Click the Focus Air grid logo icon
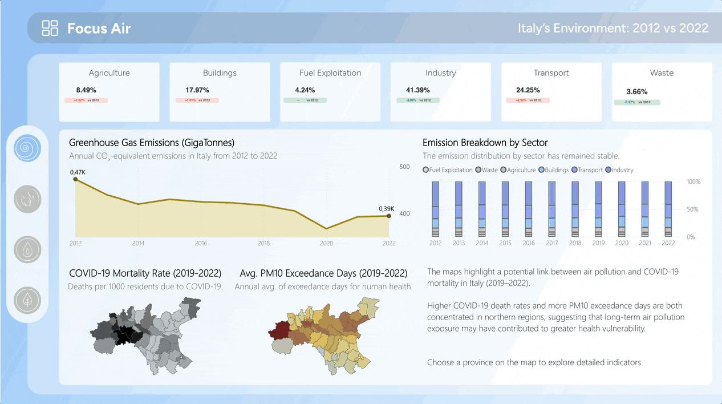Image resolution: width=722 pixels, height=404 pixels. click(x=50, y=28)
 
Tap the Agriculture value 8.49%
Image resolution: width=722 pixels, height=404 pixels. click(x=86, y=90)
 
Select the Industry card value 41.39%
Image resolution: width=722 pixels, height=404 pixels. click(x=417, y=90)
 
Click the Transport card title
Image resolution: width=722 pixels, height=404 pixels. click(x=551, y=73)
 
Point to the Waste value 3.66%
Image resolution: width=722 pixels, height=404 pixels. click(x=636, y=92)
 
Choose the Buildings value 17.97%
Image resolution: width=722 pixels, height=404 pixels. click(x=197, y=90)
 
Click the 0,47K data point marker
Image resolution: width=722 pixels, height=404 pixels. click(x=75, y=179)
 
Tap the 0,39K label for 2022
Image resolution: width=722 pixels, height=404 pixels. click(x=386, y=209)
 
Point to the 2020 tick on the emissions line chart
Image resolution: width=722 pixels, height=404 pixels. click(x=326, y=243)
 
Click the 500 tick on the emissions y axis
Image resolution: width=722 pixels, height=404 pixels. click(x=404, y=167)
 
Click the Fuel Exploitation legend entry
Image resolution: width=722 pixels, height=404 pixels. click(x=448, y=170)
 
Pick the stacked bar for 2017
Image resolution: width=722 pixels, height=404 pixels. click(x=552, y=209)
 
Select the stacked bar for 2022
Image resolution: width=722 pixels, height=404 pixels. click(x=668, y=209)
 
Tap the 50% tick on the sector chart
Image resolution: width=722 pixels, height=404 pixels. click(x=692, y=209)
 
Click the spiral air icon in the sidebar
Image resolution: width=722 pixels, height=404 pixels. click(x=27, y=147)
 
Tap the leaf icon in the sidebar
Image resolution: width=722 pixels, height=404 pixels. click(x=27, y=300)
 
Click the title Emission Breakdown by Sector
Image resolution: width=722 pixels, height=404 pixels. click(x=485, y=143)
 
